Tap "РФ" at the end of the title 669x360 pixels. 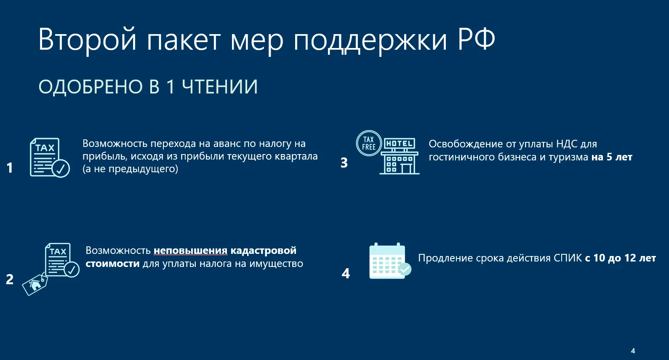[476, 39]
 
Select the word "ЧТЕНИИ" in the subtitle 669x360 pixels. [220, 87]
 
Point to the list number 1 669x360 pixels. [10, 168]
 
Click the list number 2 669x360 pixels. [10, 279]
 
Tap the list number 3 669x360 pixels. [344, 163]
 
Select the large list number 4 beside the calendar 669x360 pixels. [346, 273]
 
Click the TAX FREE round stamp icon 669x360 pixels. [369, 143]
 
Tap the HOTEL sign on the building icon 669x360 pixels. [399, 144]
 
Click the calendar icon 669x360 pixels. [390, 261]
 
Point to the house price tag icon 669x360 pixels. [35, 285]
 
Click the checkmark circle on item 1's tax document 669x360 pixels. [61, 168]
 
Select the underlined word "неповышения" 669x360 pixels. [191, 251]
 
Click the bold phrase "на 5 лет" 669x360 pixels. [612, 157]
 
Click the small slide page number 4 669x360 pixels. [633, 351]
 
